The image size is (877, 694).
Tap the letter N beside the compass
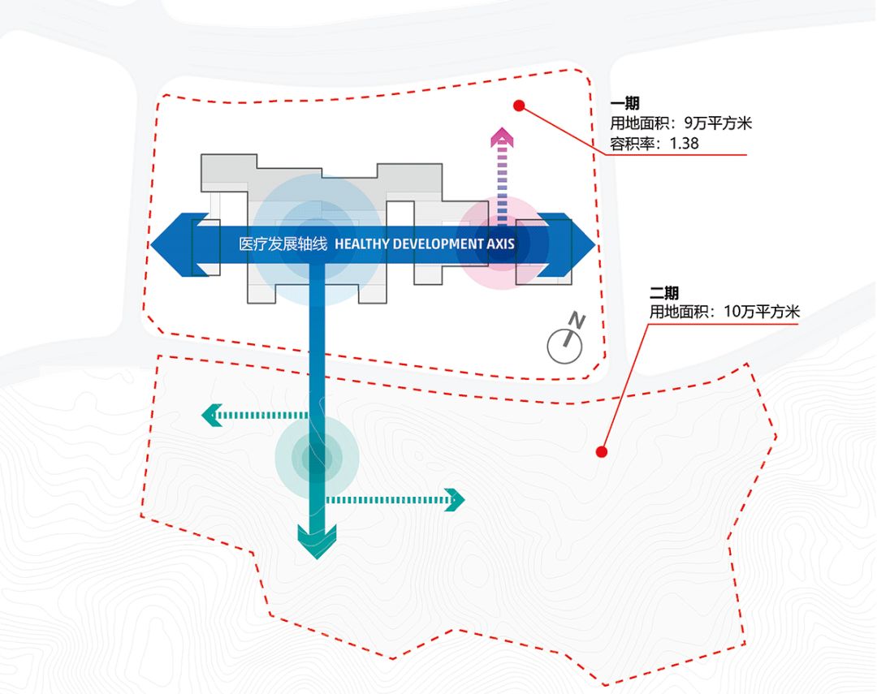click(577, 320)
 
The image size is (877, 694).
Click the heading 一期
click(624, 104)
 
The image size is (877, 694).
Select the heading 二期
click(663, 293)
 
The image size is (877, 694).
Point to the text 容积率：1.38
click(655, 144)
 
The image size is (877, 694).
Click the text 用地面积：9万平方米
click(681, 124)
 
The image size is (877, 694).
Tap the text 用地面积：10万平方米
click(724, 312)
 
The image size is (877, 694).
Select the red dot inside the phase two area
click(602, 452)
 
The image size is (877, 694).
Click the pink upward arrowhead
click(503, 137)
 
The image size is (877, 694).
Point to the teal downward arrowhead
click(317, 543)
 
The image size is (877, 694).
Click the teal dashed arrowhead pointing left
click(210, 416)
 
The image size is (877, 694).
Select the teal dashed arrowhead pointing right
click(454, 499)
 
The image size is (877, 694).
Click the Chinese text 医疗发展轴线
click(282, 244)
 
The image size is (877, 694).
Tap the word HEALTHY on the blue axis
click(361, 244)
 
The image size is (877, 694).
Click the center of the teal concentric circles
click(317, 459)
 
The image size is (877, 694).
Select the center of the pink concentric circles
click(503, 244)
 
